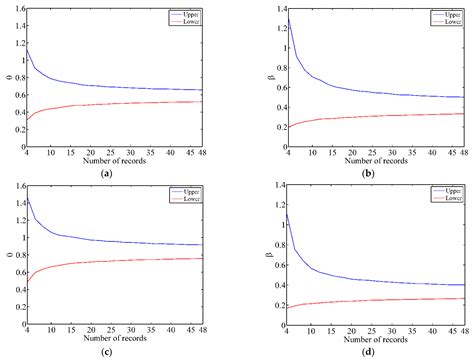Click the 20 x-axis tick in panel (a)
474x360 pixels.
(x=89, y=150)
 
